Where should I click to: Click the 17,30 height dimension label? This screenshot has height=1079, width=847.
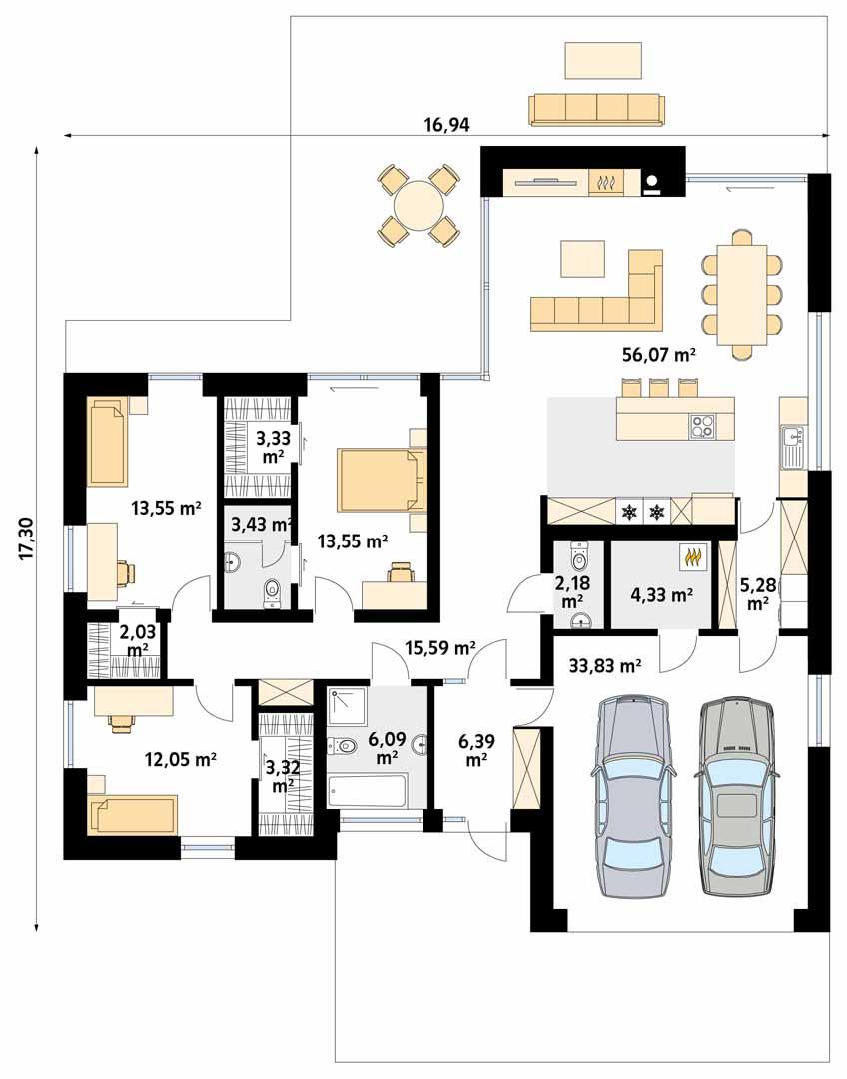(x=26, y=539)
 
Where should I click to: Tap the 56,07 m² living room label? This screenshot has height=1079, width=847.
(x=657, y=355)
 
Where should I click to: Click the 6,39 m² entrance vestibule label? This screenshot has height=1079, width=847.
(x=475, y=749)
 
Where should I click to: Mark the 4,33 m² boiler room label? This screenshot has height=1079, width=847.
(x=661, y=596)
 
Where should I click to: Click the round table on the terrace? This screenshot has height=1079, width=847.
(x=418, y=207)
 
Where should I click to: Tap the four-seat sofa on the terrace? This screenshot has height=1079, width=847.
(x=597, y=108)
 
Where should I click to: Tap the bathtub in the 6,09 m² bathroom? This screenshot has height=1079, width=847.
(x=367, y=790)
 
